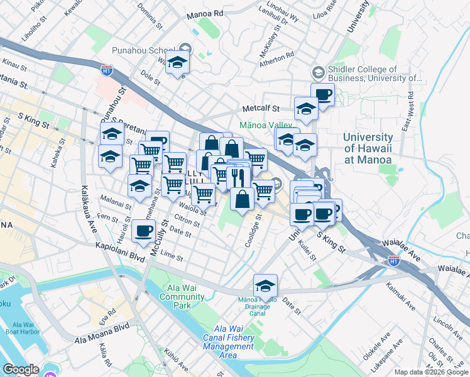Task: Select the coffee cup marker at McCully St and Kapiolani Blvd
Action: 143,231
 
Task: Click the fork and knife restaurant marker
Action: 237,177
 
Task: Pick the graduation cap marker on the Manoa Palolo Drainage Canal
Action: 265,286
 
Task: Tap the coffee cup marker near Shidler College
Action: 322,95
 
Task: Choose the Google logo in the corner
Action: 21,369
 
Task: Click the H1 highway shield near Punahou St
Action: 107,71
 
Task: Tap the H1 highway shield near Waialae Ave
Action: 393,260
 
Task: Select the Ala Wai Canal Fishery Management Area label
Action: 233,342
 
